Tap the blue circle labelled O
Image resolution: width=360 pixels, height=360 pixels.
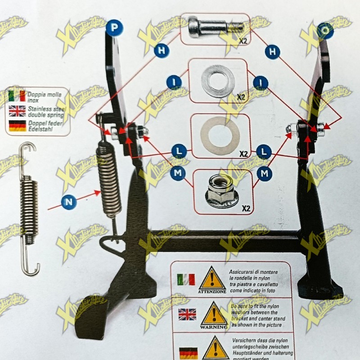coord(325,30)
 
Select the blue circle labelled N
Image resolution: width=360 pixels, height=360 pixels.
coord(68,202)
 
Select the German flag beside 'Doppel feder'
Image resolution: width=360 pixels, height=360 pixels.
coord(17,126)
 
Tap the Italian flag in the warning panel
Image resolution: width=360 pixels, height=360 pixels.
coord(186,279)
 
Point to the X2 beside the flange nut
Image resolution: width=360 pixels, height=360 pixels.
coord(246,208)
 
